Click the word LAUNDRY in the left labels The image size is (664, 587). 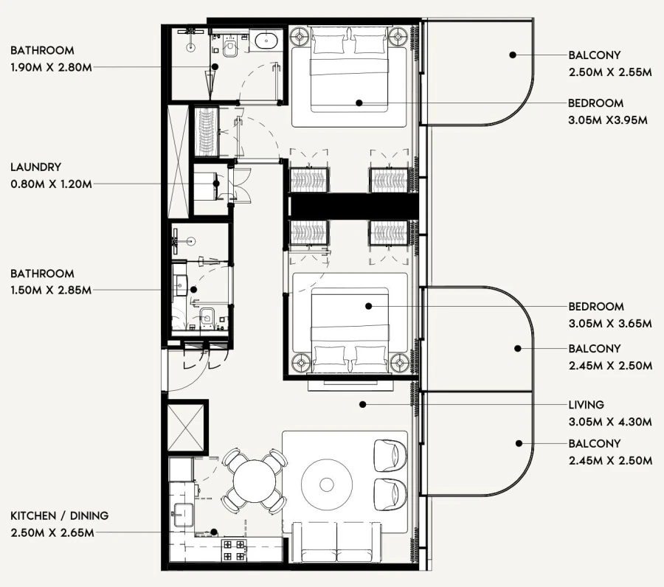coord(35,167)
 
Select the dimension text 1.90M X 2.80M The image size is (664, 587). coord(51,66)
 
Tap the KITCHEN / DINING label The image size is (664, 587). coord(59,515)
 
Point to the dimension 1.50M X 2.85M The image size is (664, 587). coord(51,290)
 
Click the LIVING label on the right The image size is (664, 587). coord(586,405)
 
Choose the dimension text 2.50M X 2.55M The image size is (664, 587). coord(610,72)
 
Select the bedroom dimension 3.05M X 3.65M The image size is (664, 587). coord(610,323)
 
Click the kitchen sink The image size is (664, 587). coord(181,512)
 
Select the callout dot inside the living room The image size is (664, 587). coord(362,404)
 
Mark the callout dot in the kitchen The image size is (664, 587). coord(213,531)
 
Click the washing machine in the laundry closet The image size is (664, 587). coord(206,189)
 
